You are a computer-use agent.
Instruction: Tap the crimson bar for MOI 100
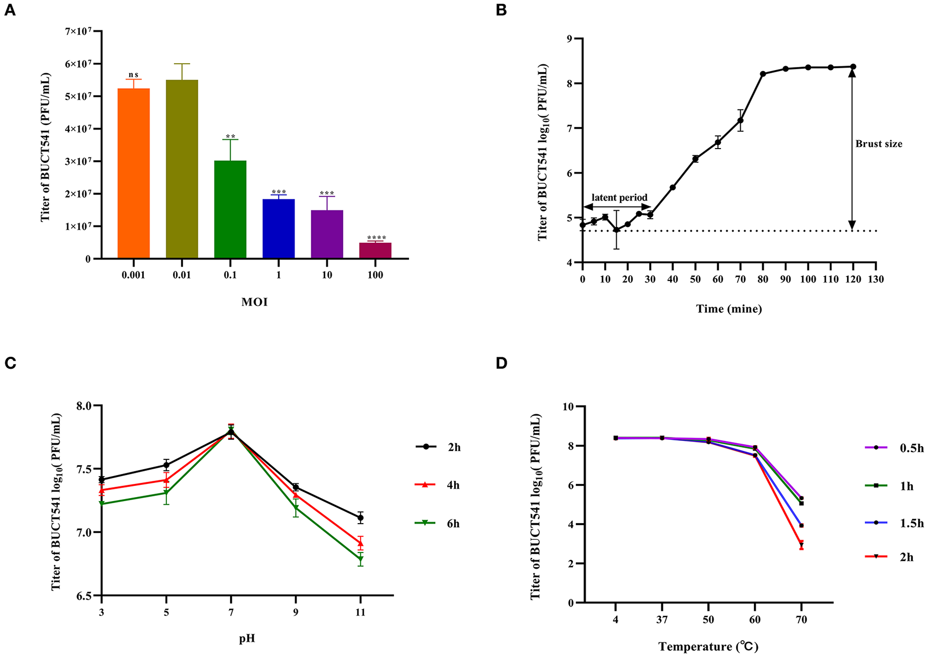(x=375, y=251)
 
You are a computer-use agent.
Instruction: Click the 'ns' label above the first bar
(x=133, y=75)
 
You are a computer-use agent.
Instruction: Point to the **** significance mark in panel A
(x=376, y=239)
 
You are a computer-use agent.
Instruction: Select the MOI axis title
(x=254, y=302)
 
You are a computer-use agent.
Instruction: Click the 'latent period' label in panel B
(x=619, y=198)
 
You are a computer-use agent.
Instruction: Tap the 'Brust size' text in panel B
(x=879, y=144)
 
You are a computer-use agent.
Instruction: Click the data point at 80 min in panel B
(x=763, y=74)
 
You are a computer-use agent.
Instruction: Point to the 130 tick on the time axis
(x=876, y=279)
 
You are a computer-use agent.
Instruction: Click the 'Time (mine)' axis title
(x=729, y=309)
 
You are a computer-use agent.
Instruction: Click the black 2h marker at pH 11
(x=360, y=518)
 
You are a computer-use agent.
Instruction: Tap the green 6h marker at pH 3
(x=101, y=504)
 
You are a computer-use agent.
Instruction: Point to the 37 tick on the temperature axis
(x=662, y=620)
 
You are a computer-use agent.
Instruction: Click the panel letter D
(x=501, y=364)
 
